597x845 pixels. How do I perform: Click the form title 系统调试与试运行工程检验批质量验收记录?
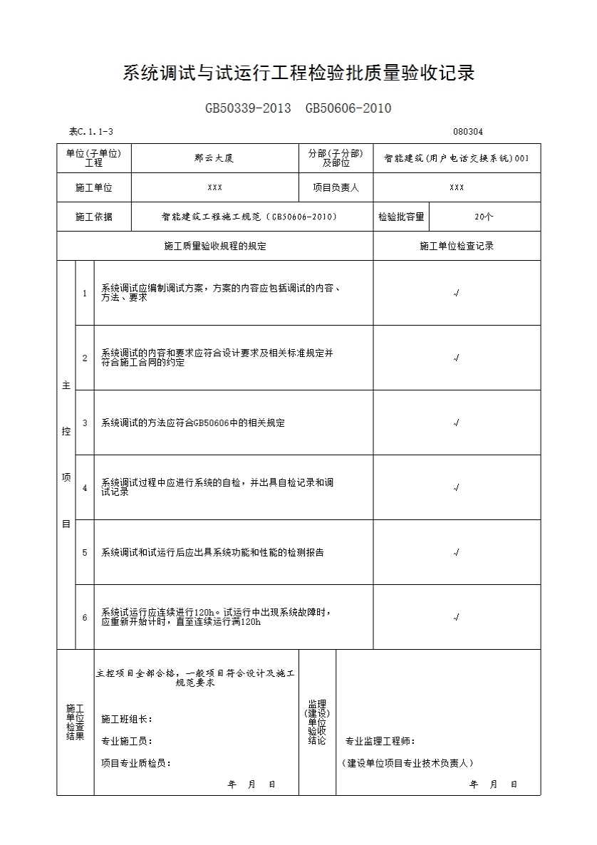tap(298, 73)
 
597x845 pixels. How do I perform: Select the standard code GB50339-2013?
tap(248, 108)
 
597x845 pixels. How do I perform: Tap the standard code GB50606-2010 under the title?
tap(348, 108)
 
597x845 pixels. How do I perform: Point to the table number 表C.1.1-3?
tap(91, 131)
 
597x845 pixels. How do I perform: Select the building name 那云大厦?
tap(214, 158)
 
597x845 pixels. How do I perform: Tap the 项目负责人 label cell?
tap(336, 187)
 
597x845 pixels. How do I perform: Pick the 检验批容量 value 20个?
tap(484, 217)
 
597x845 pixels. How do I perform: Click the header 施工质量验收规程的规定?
tap(214, 246)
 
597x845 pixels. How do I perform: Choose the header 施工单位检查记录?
tap(457, 246)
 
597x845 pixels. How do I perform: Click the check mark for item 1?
tap(456, 293)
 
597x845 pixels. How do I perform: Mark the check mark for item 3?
tap(456, 422)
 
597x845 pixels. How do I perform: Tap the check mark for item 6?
tap(456, 617)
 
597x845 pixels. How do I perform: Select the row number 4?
tap(85, 488)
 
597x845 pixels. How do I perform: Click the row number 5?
tap(85, 552)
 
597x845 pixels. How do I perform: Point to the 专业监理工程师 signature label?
tap(380, 741)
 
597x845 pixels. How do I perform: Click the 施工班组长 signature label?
tap(127, 719)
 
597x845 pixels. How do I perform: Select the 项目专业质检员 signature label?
tap(136, 763)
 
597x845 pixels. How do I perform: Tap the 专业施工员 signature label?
tap(127, 741)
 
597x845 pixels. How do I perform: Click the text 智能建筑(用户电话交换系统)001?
tap(457, 158)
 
